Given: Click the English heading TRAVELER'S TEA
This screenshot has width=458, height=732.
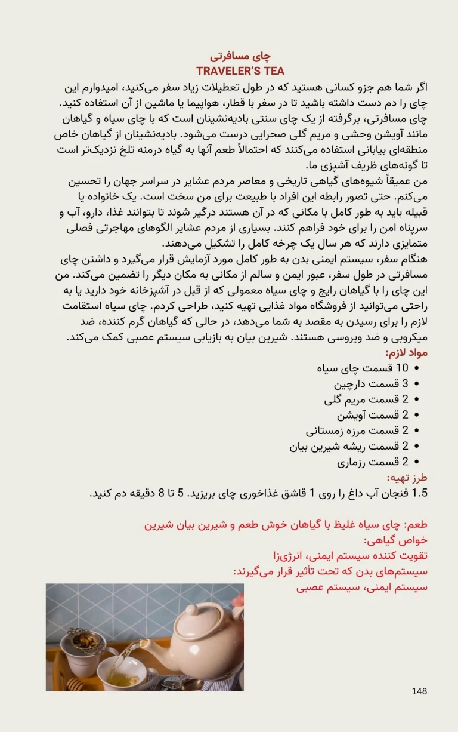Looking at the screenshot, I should pyautogui.click(x=240, y=71).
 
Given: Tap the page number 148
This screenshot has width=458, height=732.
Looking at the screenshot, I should pyautogui.click(x=419, y=691).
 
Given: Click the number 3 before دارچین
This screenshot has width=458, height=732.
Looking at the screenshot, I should pyautogui.click(x=405, y=383).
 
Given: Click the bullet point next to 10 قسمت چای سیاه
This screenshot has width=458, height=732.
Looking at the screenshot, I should pyautogui.click(x=416, y=368).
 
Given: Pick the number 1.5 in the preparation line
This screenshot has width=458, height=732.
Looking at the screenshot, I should pyautogui.click(x=420, y=493).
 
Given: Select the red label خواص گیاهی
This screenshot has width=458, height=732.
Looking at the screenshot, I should pyautogui.click(x=404, y=540).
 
